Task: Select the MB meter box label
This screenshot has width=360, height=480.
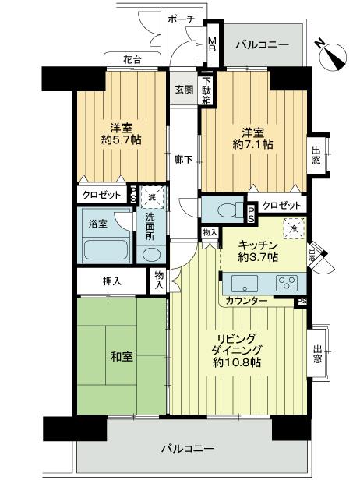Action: point(211,45)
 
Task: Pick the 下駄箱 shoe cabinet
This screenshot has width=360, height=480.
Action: point(207,90)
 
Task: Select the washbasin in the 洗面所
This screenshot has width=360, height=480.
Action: point(150,254)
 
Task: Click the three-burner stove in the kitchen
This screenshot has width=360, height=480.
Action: point(285,283)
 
